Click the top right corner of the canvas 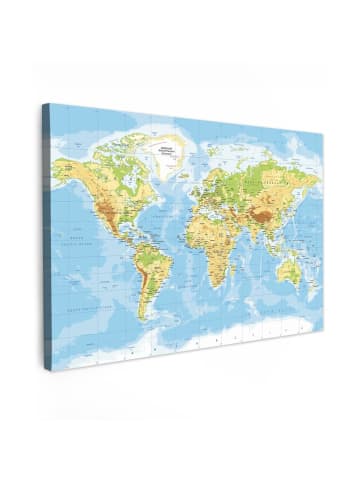tap(321, 131)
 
